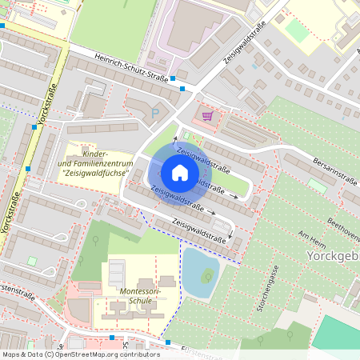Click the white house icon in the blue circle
(180, 173)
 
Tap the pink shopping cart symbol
(208, 116)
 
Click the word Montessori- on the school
(139, 292)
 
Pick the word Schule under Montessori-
(141, 302)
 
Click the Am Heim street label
(314, 240)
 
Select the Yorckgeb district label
(333, 256)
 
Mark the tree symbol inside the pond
(208, 277)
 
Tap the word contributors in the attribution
(138, 354)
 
